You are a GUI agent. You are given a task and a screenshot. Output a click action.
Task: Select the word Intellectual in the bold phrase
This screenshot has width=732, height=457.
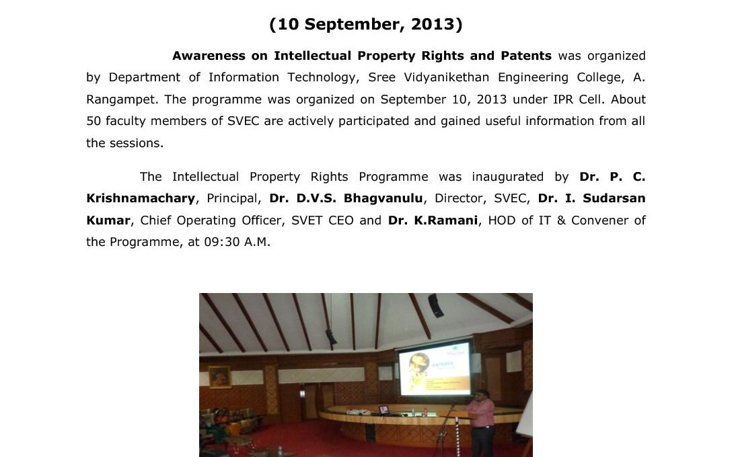click(312, 56)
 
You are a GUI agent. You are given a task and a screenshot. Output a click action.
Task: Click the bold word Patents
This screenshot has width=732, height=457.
click(526, 56)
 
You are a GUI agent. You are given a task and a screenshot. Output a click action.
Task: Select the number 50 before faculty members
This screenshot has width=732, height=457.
click(94, 121)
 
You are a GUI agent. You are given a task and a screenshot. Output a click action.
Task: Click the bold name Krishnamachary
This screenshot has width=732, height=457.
click(141, 199)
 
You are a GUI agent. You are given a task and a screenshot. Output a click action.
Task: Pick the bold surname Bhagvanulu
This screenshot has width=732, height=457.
click(383, 199)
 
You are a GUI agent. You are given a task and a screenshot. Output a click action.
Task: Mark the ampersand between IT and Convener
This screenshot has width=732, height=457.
click(561, 220)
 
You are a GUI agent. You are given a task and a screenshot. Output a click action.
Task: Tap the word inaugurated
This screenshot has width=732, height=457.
click(507, 177)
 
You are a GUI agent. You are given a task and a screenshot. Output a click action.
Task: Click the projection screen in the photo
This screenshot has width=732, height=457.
click(435, 368)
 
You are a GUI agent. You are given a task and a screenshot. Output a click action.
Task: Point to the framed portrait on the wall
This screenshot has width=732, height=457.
click(219, 377)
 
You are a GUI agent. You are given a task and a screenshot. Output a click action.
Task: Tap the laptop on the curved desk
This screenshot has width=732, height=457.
click(383, 410)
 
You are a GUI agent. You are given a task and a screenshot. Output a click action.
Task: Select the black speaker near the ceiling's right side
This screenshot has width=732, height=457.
click(436, 305)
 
